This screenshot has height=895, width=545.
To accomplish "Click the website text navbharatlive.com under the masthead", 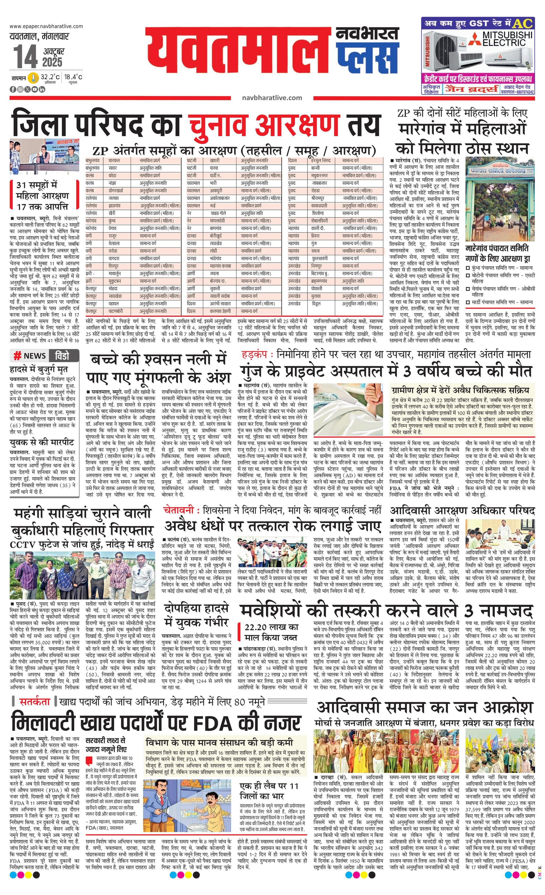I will coord(272,97).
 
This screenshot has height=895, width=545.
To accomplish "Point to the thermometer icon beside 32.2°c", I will coord(34,78).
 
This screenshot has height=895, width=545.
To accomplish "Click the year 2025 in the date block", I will coord(52,62).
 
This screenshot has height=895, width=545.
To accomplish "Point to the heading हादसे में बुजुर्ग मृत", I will coord(39,370).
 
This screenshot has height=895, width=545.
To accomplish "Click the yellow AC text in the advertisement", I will coord(522,24).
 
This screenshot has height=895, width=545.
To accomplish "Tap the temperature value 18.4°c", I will coord(73,77).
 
